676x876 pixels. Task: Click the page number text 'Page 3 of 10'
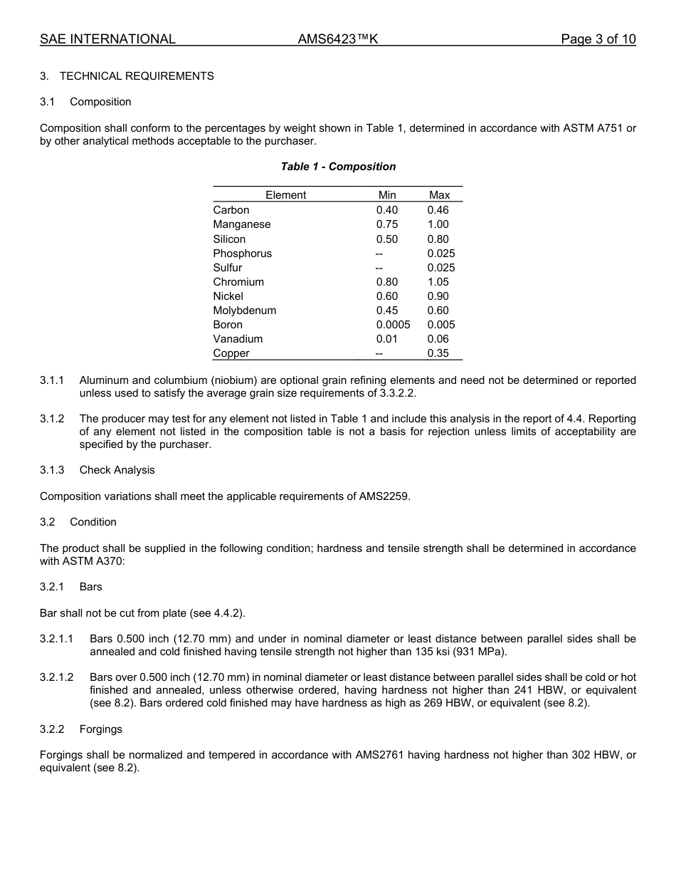click(x=598, y=39)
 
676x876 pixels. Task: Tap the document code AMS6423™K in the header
click(x=337, y=39)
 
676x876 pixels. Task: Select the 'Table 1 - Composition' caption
click(x=338, y=167)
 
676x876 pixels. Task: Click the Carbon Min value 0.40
click(x=387, y=210)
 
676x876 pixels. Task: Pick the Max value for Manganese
click(x=438, y=224)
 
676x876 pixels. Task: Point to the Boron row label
click(x=228, y=325)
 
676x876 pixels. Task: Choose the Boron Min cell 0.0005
click(x=393, y=325)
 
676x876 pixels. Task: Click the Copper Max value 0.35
click(x=438, y=353)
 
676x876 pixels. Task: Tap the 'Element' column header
click(x=285, y=195)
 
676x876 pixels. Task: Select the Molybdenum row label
click(x=244, y=311)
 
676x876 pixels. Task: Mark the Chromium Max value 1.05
click(x=438, y=282)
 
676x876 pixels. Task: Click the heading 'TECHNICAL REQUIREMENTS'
click(x=137, y=76)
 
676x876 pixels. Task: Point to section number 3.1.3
click(x=52, y=470)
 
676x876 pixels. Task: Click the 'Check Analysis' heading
click(x=117, y=470)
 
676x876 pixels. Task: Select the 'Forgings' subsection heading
click(x=100, y=729)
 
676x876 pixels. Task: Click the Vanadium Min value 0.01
click(x=387, y=339)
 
